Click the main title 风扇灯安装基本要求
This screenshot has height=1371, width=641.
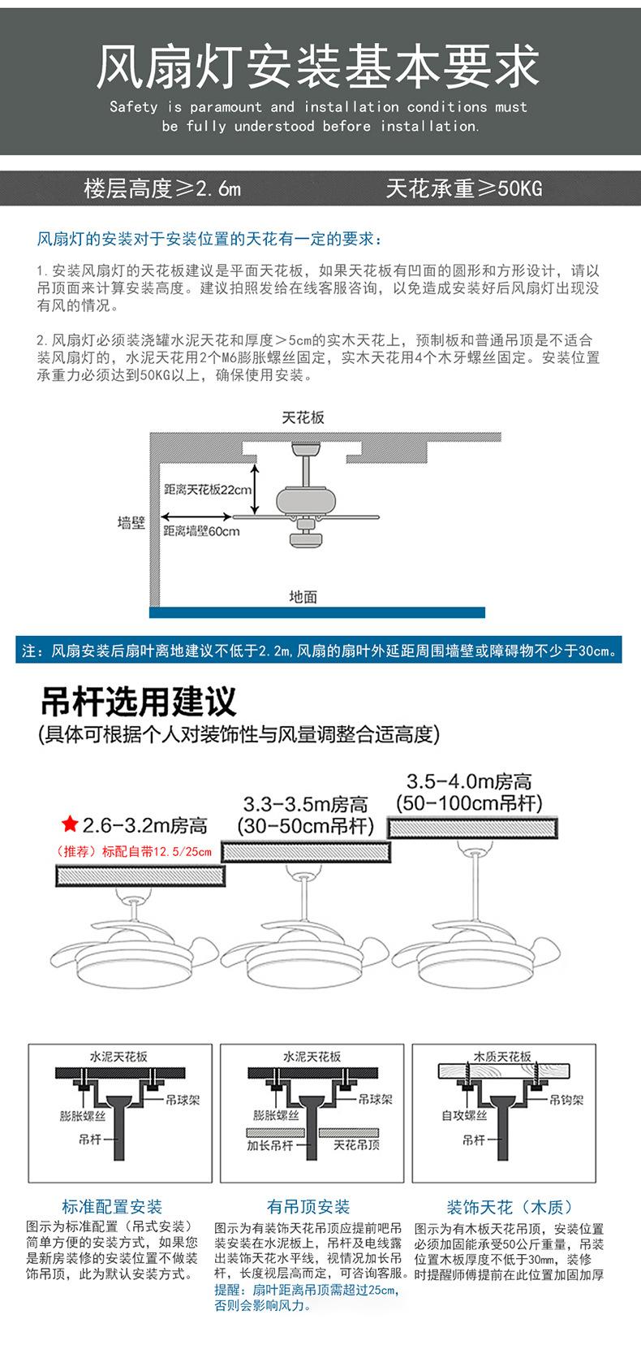[x=318, y=67]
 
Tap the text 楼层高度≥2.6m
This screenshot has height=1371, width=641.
[x=162, y=189]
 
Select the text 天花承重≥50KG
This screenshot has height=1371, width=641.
[x=463, y=189]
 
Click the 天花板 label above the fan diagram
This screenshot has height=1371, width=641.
[x=303, y=417]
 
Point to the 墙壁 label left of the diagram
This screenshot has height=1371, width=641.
[x=131, y=522]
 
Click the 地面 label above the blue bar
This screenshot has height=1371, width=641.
[x=303, y=597]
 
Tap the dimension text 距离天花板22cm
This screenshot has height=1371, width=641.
[x=208, y=490]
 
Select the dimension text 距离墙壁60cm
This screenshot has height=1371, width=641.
[x=201, y=531]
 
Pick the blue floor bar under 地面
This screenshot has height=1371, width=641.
[x=316, y=612]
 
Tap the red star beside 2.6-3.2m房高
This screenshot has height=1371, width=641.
[x=70, y=825]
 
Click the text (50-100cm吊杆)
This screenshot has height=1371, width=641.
[x=469, y=803]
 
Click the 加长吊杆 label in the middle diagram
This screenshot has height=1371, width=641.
[x=269, y=1145]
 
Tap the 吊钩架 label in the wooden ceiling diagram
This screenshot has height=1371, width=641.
[x=566, y=1100]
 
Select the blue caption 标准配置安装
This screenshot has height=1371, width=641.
[x=112, y=1207]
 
